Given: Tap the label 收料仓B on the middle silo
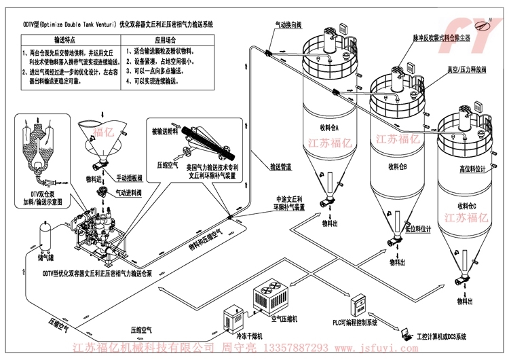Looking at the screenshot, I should [x=398, y=165].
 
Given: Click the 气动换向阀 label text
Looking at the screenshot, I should [x=288, y=24].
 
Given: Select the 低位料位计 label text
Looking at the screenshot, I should [x=417, y=229].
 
